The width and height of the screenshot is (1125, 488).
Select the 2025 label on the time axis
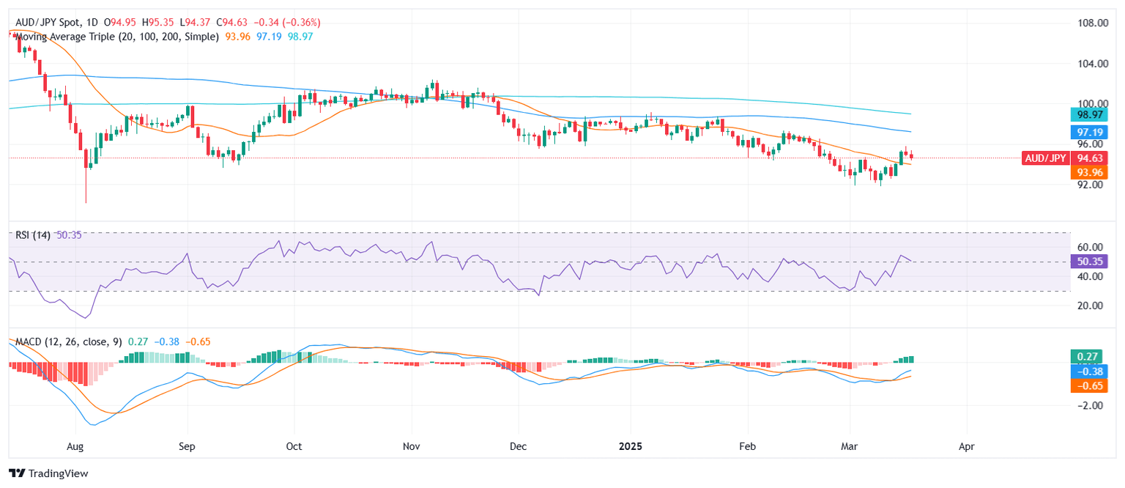[631, 446]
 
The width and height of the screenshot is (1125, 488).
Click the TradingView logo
[48, 473]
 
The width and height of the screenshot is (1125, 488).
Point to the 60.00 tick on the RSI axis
[1087, 247]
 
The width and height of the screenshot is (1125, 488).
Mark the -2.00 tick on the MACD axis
[1087, 405]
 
